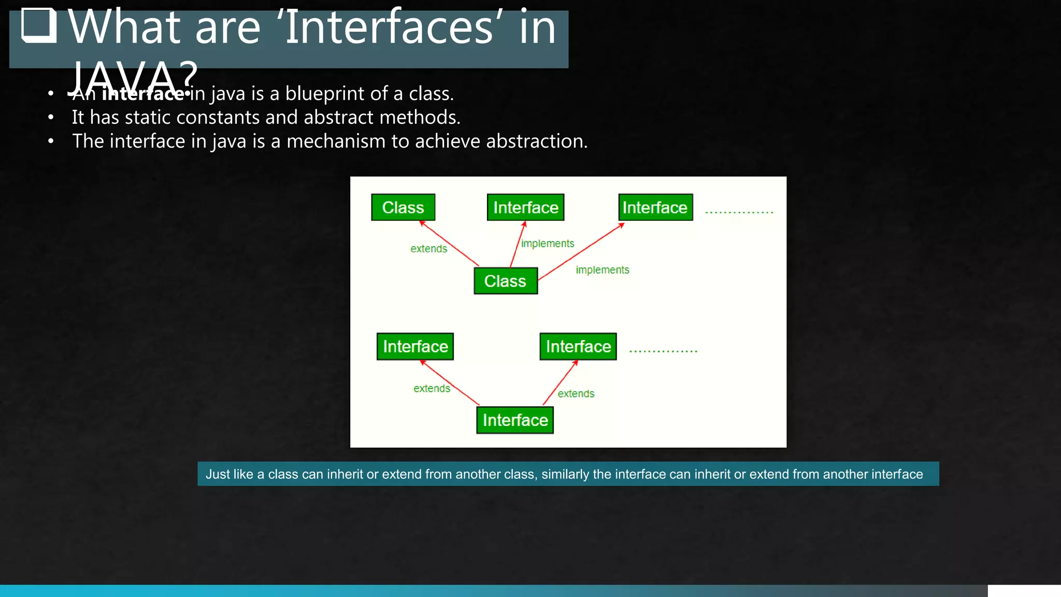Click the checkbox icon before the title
pyautogui.click(x=39, y=25)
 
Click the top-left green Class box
pyautogui.click(x=403, y=207)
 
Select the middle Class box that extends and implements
pyautogui.click(x=506, y=281)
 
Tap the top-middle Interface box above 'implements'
pyautogui.click(x=525, y=207)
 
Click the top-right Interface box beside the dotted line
pyautogui.click(x=655, y=207)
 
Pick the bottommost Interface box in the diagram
pyautogui.click(x=515, y=420)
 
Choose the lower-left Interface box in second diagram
pyautogui.click(x=415, y=346)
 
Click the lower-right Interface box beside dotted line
pyautogui.click(x=578, y=346)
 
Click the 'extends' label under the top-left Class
pyautogui.click(x=428, y=249)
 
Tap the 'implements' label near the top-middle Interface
pyautogui.click(x=548, y=244)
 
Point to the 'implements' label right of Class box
pyautogui.click(x=602, y=270)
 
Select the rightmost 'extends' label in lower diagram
pyautogui.click(x=576, y=394)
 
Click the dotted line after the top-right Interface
pyautogui.click(x=739, y=212)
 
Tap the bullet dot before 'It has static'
pyautogui.click(x=51, y=118)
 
